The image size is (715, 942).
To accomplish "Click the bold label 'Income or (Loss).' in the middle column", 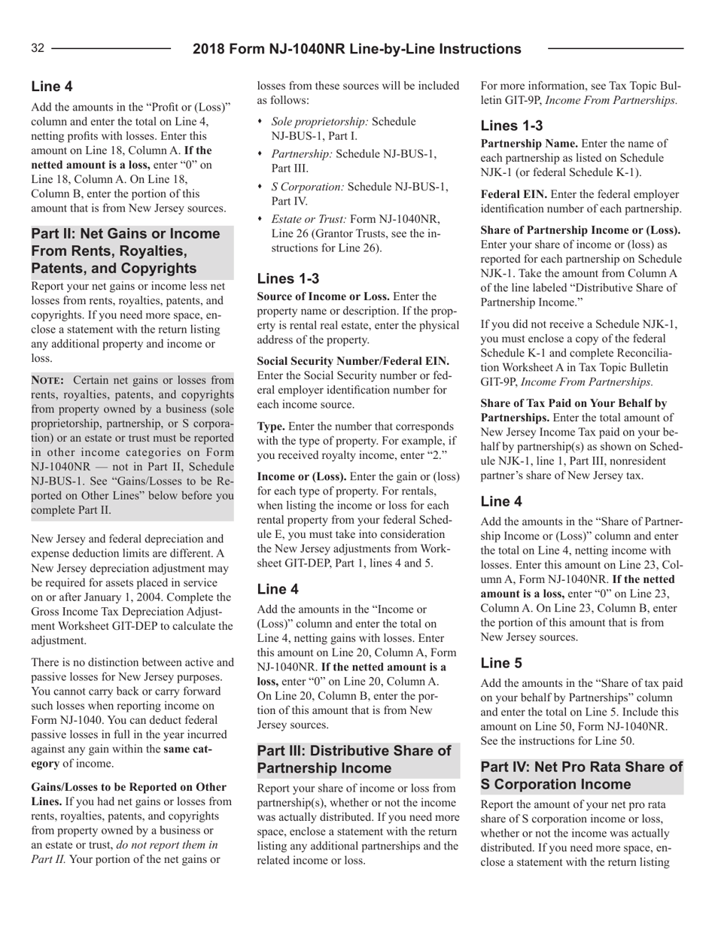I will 303,459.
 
